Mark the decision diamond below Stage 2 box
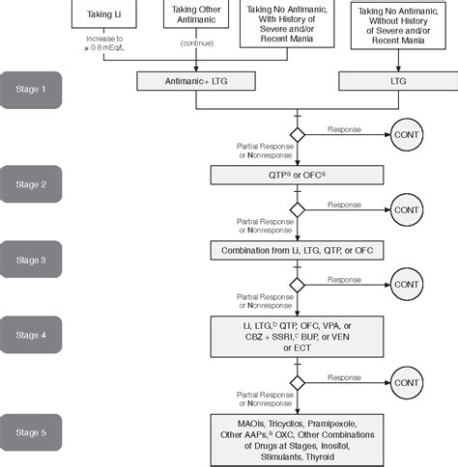coord(298,208)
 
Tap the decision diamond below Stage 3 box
coord(298,286)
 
